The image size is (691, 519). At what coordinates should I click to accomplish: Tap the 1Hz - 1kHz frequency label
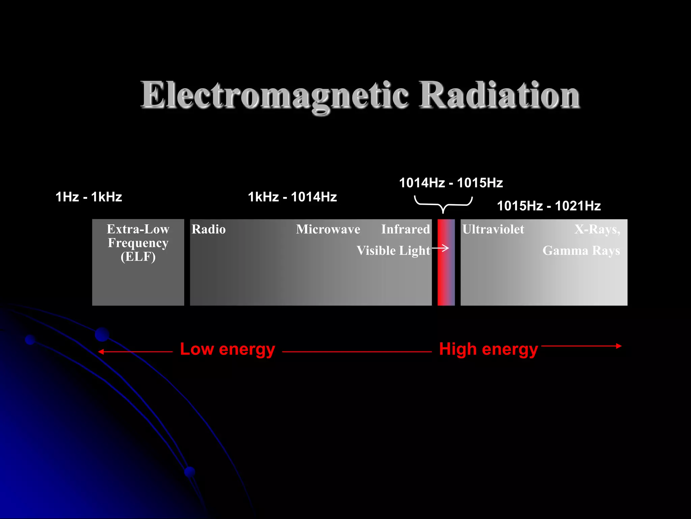(88, 197)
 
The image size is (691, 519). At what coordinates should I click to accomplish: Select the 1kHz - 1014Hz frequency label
(292, 197)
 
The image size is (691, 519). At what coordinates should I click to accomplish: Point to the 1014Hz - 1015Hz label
(451, 183)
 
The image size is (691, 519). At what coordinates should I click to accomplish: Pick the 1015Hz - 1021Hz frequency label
(549, 206)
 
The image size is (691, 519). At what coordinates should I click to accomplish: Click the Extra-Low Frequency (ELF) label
(138, 243)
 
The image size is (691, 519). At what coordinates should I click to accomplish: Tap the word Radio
(209, 229)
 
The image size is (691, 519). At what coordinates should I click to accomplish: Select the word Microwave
(328, 229)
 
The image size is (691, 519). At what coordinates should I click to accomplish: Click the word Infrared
(406, 229)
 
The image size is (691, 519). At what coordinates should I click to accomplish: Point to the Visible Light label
(393, 251)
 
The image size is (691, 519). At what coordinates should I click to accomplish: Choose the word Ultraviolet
(493, 229)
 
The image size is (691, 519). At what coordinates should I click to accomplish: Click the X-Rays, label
(597, 229)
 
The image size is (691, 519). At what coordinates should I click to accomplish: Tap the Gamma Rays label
(581, 251)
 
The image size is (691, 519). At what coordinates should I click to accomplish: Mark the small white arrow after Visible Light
(441, 248)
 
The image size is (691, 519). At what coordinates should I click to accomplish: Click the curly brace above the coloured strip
(443, 204)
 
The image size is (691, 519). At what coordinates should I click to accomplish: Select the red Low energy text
(227, 349)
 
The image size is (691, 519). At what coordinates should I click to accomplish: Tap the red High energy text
(488, 349)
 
